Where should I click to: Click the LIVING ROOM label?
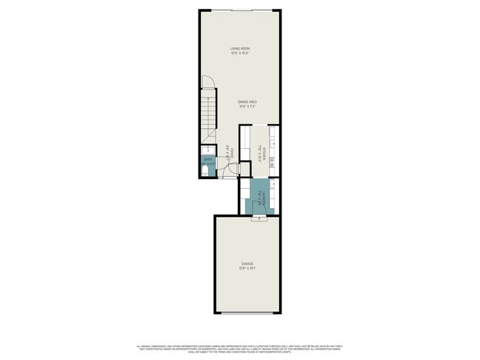click(x=240, y=49)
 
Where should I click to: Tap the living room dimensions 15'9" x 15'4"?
click(x=240, y=53)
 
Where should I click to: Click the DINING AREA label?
click(x=247, y=101)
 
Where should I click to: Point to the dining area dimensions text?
click(x=247, y=106)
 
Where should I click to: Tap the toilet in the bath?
click(x=205, y=173)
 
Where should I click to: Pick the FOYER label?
click(x=231, y=154)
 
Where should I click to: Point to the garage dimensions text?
click(x=247, y=268)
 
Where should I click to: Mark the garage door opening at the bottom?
click(x=247, y=312)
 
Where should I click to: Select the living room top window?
click(x=240, y=10)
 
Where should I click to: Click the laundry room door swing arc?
click(x=256, y=193)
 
